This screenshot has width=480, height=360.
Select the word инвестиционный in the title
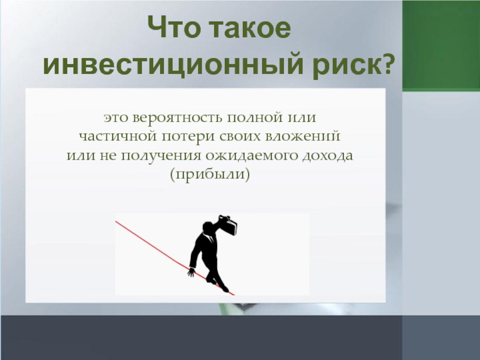[x=173, y=65]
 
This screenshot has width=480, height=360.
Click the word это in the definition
[x=115, y=118]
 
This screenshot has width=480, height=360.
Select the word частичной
[x=118, y=137]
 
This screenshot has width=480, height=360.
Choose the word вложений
[x=302, y=136]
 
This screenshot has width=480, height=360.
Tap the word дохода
[x=328, y=155]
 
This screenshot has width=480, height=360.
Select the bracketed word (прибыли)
[x=210, y=175]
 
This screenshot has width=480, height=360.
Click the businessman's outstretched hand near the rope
[x=191, y=272]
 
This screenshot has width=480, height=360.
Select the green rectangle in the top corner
[x=441, y=46]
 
